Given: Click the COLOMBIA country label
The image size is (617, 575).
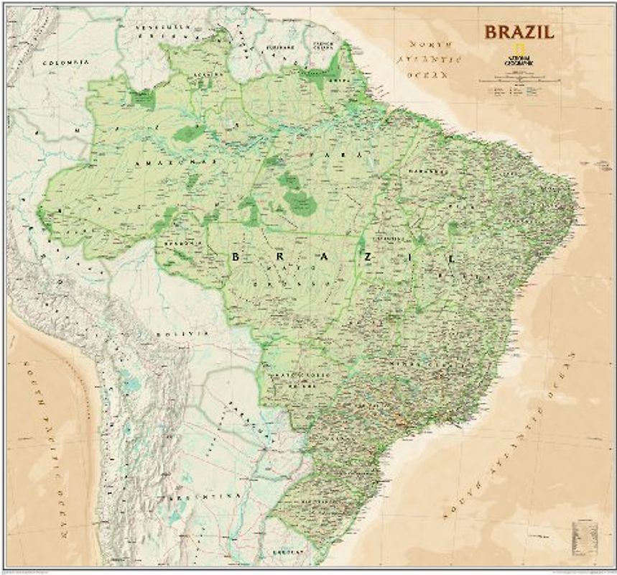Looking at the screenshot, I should [x=65, y=63].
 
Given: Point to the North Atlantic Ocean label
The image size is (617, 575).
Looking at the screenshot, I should [x=427, y=57].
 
